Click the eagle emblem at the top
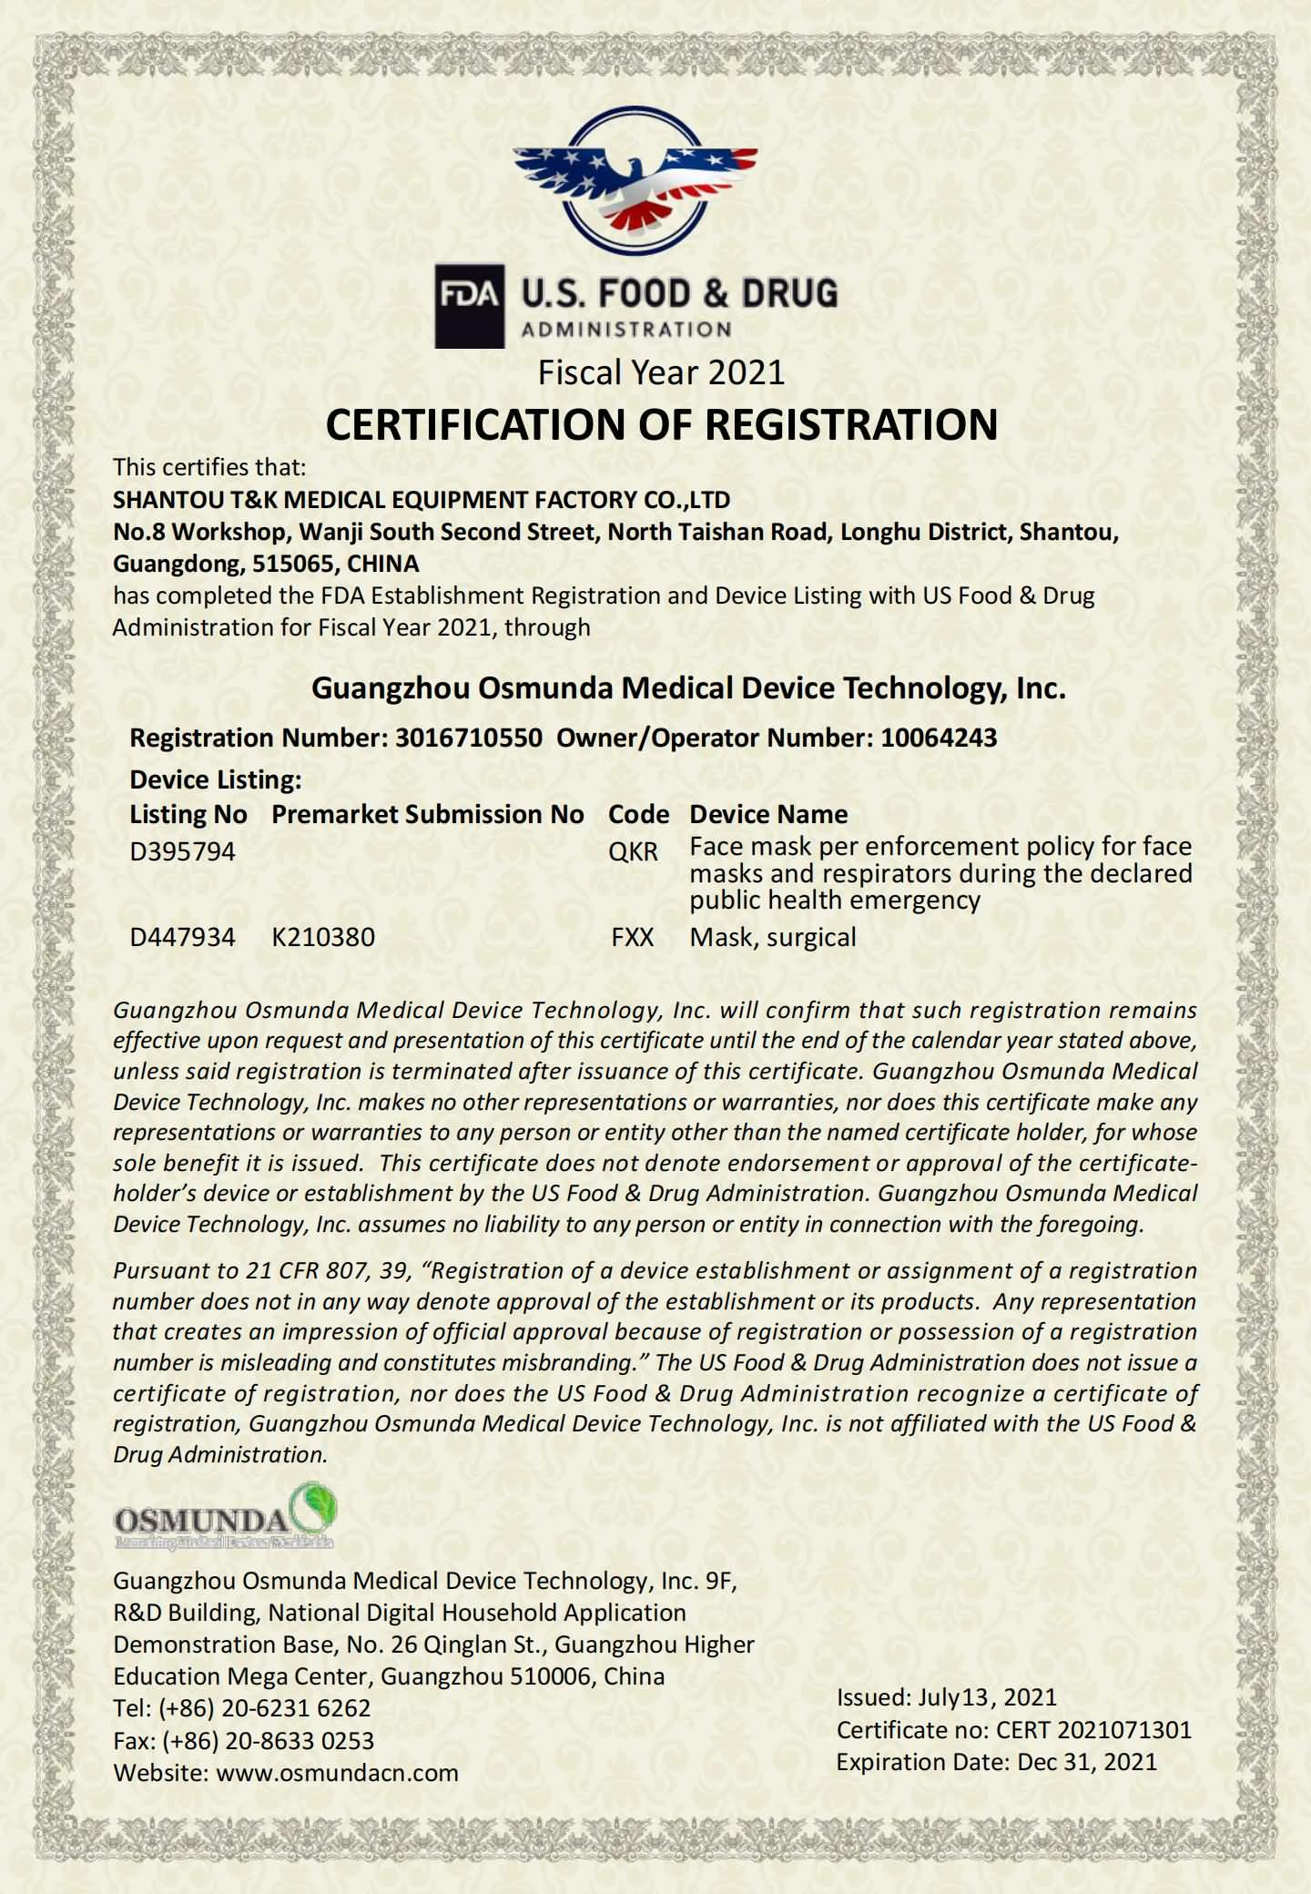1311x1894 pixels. point(635,181)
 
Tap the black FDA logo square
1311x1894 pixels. point(470,306)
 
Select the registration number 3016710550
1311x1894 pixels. point(468,738)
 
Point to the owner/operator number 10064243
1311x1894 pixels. point(938,738)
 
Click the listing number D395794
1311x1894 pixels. point(182,851)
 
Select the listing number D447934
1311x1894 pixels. point(182,937)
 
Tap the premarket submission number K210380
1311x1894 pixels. point(323,937)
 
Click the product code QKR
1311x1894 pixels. point(633,851)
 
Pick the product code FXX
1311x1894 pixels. point(633,937)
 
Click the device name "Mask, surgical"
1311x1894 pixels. point(773,937)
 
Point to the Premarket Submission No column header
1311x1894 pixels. point(428,814)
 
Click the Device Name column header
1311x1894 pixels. point(768,814)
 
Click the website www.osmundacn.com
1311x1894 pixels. point(337,1773)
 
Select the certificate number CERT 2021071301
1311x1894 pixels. point(1093,1730)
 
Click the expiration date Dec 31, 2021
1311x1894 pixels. point(1087,1762)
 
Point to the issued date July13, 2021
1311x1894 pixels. point(987,1697)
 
